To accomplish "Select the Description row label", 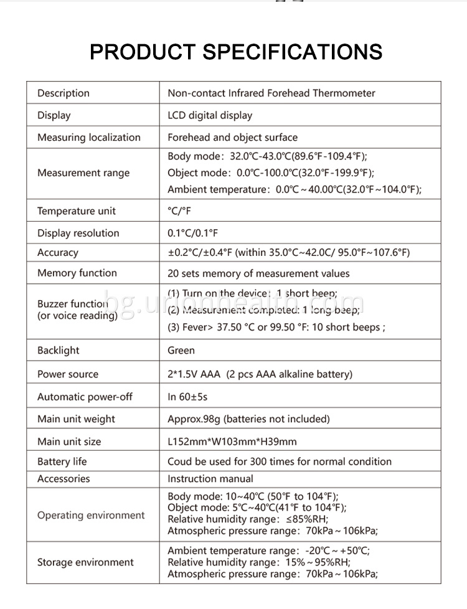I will pyautogui.click(x=64, y=93).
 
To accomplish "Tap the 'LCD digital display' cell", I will pyautogui.click(x=210, y=115).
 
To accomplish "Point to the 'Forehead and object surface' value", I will pyautogui.click(x=232, y=138).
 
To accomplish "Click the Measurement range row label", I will pyautogui.click(x=83, y=173).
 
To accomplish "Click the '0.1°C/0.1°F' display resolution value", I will pyautogui.click(x=192, y=234).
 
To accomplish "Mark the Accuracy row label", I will pyautogui.click(x=58, y=253).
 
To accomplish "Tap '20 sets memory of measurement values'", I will pyautogui.click(x=258, y=273).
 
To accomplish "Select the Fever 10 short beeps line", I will pyautogui.click(x=276, y=328).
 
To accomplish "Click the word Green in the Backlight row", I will pyautogui.click(x=181, y=351).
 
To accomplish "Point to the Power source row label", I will pyautogui.click(x=68, y=374).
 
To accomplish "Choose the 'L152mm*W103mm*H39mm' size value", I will pyautogui.click(x=232, y=441).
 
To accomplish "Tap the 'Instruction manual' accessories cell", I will pyautogui.click(x=210, y=479).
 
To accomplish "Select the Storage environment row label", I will pyautogui.click(x=85, y=563).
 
